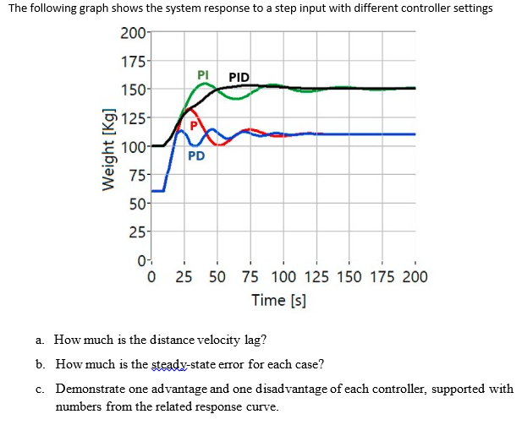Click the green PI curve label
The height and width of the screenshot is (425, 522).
point(203,74)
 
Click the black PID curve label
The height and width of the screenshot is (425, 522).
point(239,78)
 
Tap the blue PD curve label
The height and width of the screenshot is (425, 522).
point(195,155)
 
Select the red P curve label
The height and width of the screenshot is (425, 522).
point(194,126)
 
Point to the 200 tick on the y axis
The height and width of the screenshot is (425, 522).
point(132,35)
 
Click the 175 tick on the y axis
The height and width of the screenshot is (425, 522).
point(132,63)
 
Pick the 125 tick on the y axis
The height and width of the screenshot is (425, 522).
point(132,118)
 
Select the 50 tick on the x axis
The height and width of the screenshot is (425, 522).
point(217,276)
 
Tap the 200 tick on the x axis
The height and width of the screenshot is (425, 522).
point(415,276)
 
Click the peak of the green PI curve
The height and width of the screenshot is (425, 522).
point(203,83)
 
